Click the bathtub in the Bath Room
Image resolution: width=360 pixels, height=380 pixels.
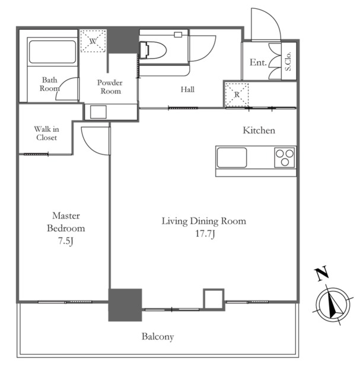[52, 52]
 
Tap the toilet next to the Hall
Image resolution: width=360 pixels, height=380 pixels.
[153, 50]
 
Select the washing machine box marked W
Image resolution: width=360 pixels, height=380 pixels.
[93, 41]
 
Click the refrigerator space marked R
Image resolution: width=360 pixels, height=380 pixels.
[237, 95]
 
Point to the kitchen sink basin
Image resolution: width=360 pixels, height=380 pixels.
[232, 157]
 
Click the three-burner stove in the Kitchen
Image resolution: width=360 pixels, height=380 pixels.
[285, 157]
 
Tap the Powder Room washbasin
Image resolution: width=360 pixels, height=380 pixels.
[98, 112]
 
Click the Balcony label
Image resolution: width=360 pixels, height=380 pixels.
[158, 337]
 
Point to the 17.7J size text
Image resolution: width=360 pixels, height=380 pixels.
[205, 233]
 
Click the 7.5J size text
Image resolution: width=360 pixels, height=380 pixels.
[66, 241]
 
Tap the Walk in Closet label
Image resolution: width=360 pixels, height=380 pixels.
[46, 133]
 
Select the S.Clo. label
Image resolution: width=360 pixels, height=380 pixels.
[288, 61]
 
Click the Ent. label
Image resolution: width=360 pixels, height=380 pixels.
[258, 62]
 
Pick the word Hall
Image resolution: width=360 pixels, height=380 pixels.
[187, 90]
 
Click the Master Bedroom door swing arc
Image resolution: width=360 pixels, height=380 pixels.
[88, 145]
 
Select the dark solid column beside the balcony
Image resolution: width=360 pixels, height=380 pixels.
[125, 305]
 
